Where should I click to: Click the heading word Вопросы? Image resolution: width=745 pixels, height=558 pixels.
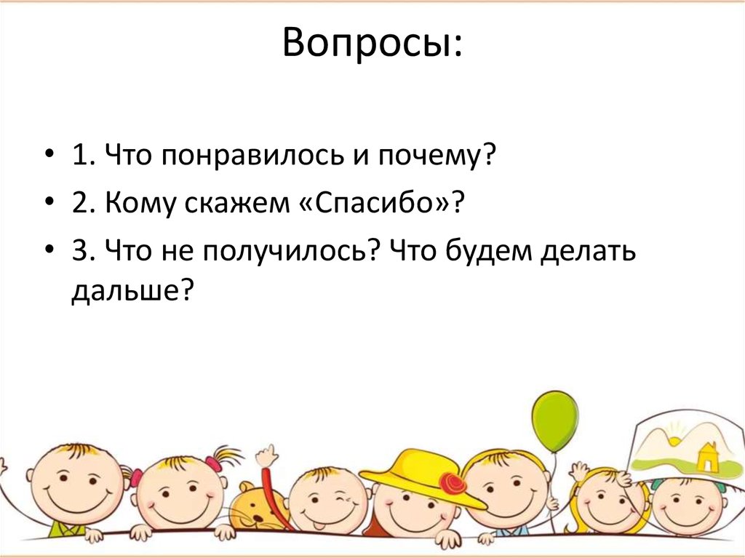point(372,45)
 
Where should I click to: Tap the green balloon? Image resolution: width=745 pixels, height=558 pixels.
point(554,421)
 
